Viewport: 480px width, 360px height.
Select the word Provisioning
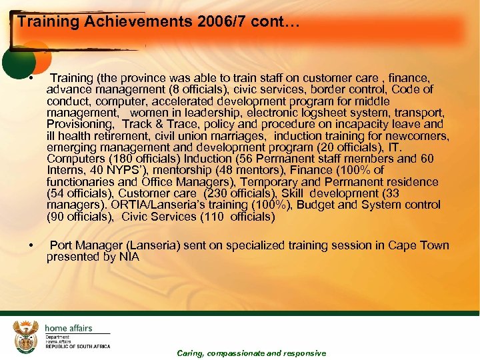pos(81,123)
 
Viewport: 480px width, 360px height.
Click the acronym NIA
pos(127,257)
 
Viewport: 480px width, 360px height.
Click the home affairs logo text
pos(69,328)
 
